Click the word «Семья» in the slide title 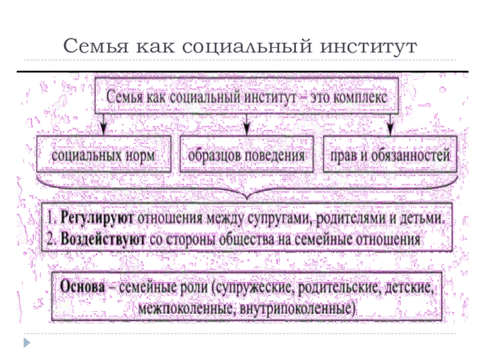[95, 47]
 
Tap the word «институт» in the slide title [368, 47]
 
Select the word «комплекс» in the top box [359, 97]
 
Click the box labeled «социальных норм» [103, 154]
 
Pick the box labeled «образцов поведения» [247, 154]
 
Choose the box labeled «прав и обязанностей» [390, 154]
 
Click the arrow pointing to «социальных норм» [103, 125]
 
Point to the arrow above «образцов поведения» [247, 125]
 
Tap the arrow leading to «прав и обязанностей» [390, 125]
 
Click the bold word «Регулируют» [97, 218]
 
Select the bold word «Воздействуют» [103, 239]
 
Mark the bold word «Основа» [82, 287]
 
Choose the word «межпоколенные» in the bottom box [187, 308]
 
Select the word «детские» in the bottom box [409, 287]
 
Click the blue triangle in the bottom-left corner [27, 343]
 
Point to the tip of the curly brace [247, 199]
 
